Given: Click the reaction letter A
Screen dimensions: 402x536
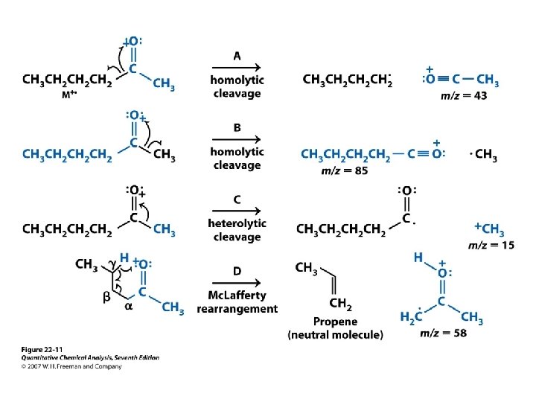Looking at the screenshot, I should (x=237, y=55).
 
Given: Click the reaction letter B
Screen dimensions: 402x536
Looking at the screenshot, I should (x=237, y=127).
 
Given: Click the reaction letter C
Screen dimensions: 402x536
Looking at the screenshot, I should (x=237, y=200).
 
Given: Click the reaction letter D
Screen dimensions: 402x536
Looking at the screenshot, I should (x=237, y=271).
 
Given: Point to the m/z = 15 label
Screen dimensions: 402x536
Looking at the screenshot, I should (x=491, y=246).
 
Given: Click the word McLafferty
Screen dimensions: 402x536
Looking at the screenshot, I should (x=237, y=295).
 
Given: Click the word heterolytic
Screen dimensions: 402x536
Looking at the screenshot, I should (x=237, y=223).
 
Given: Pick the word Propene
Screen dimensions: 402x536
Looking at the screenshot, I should (x=335, y=322).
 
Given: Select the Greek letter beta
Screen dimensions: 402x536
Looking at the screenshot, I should (x=106, y=296).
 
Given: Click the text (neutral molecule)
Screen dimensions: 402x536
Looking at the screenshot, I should (x=335, y=335).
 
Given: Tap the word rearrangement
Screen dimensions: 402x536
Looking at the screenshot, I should (x=237, y=308).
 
